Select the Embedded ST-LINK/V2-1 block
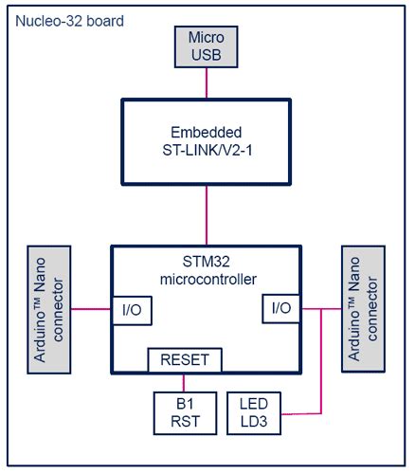(207, 139)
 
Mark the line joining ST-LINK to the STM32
(207, 215)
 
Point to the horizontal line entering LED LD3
(301, 412)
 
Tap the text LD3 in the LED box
(254, 421)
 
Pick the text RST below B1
(185, 421)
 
